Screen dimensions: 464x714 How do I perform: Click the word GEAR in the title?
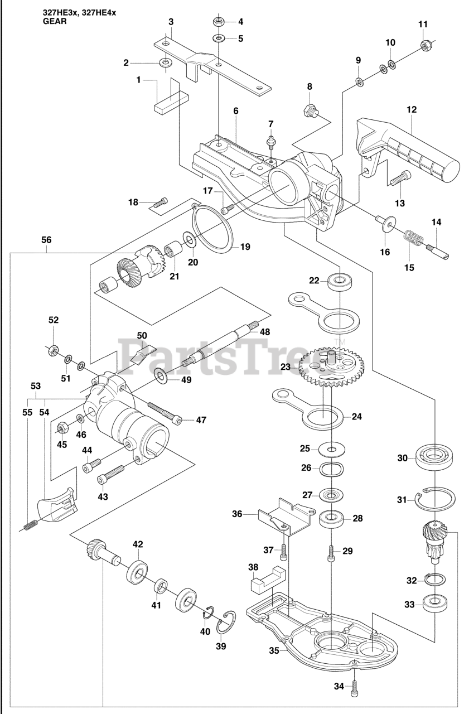(55, 22)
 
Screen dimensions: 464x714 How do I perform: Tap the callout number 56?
(46, 240)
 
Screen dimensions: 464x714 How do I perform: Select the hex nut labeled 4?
(218, 22)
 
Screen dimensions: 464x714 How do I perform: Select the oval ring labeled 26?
(332, 469)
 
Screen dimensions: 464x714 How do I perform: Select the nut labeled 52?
(53, 351)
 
